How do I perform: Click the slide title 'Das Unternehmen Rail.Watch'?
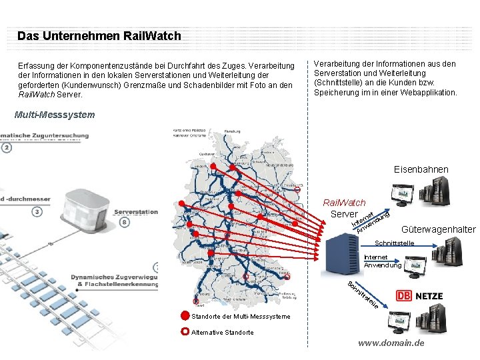pyautogui.click(x=99, y=36)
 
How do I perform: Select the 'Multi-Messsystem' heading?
pyautogui.click(x=55, y=115)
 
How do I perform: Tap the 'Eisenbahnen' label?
pyautogui.click(x=421, y=170)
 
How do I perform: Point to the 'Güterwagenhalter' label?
pyautogui.click(x=438, y=229)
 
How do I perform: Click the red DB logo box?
pyautogui.click(x=403, y=296)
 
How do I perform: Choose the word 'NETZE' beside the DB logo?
pyautogui.click(x=429, y=296)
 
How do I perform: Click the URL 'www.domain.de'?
pyautogui.click(x=391, y=343)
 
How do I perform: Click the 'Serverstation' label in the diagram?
pyautogui.click(x=136, y=212)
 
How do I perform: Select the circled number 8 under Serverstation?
pyautogui.click(x=125, y=222)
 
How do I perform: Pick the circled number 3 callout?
pyautogui.click(x=37, y=212)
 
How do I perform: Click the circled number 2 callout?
pyautogui.click(x=7, y=147)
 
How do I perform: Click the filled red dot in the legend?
pyautogui.click(x=185, y=316)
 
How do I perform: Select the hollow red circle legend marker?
pyautogui.click(x=185, y=332)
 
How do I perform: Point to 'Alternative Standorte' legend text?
pyautogui.click(x=223, y=332)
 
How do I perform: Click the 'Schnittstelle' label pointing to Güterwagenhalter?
pyautogui.click(x=395, y=243)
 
